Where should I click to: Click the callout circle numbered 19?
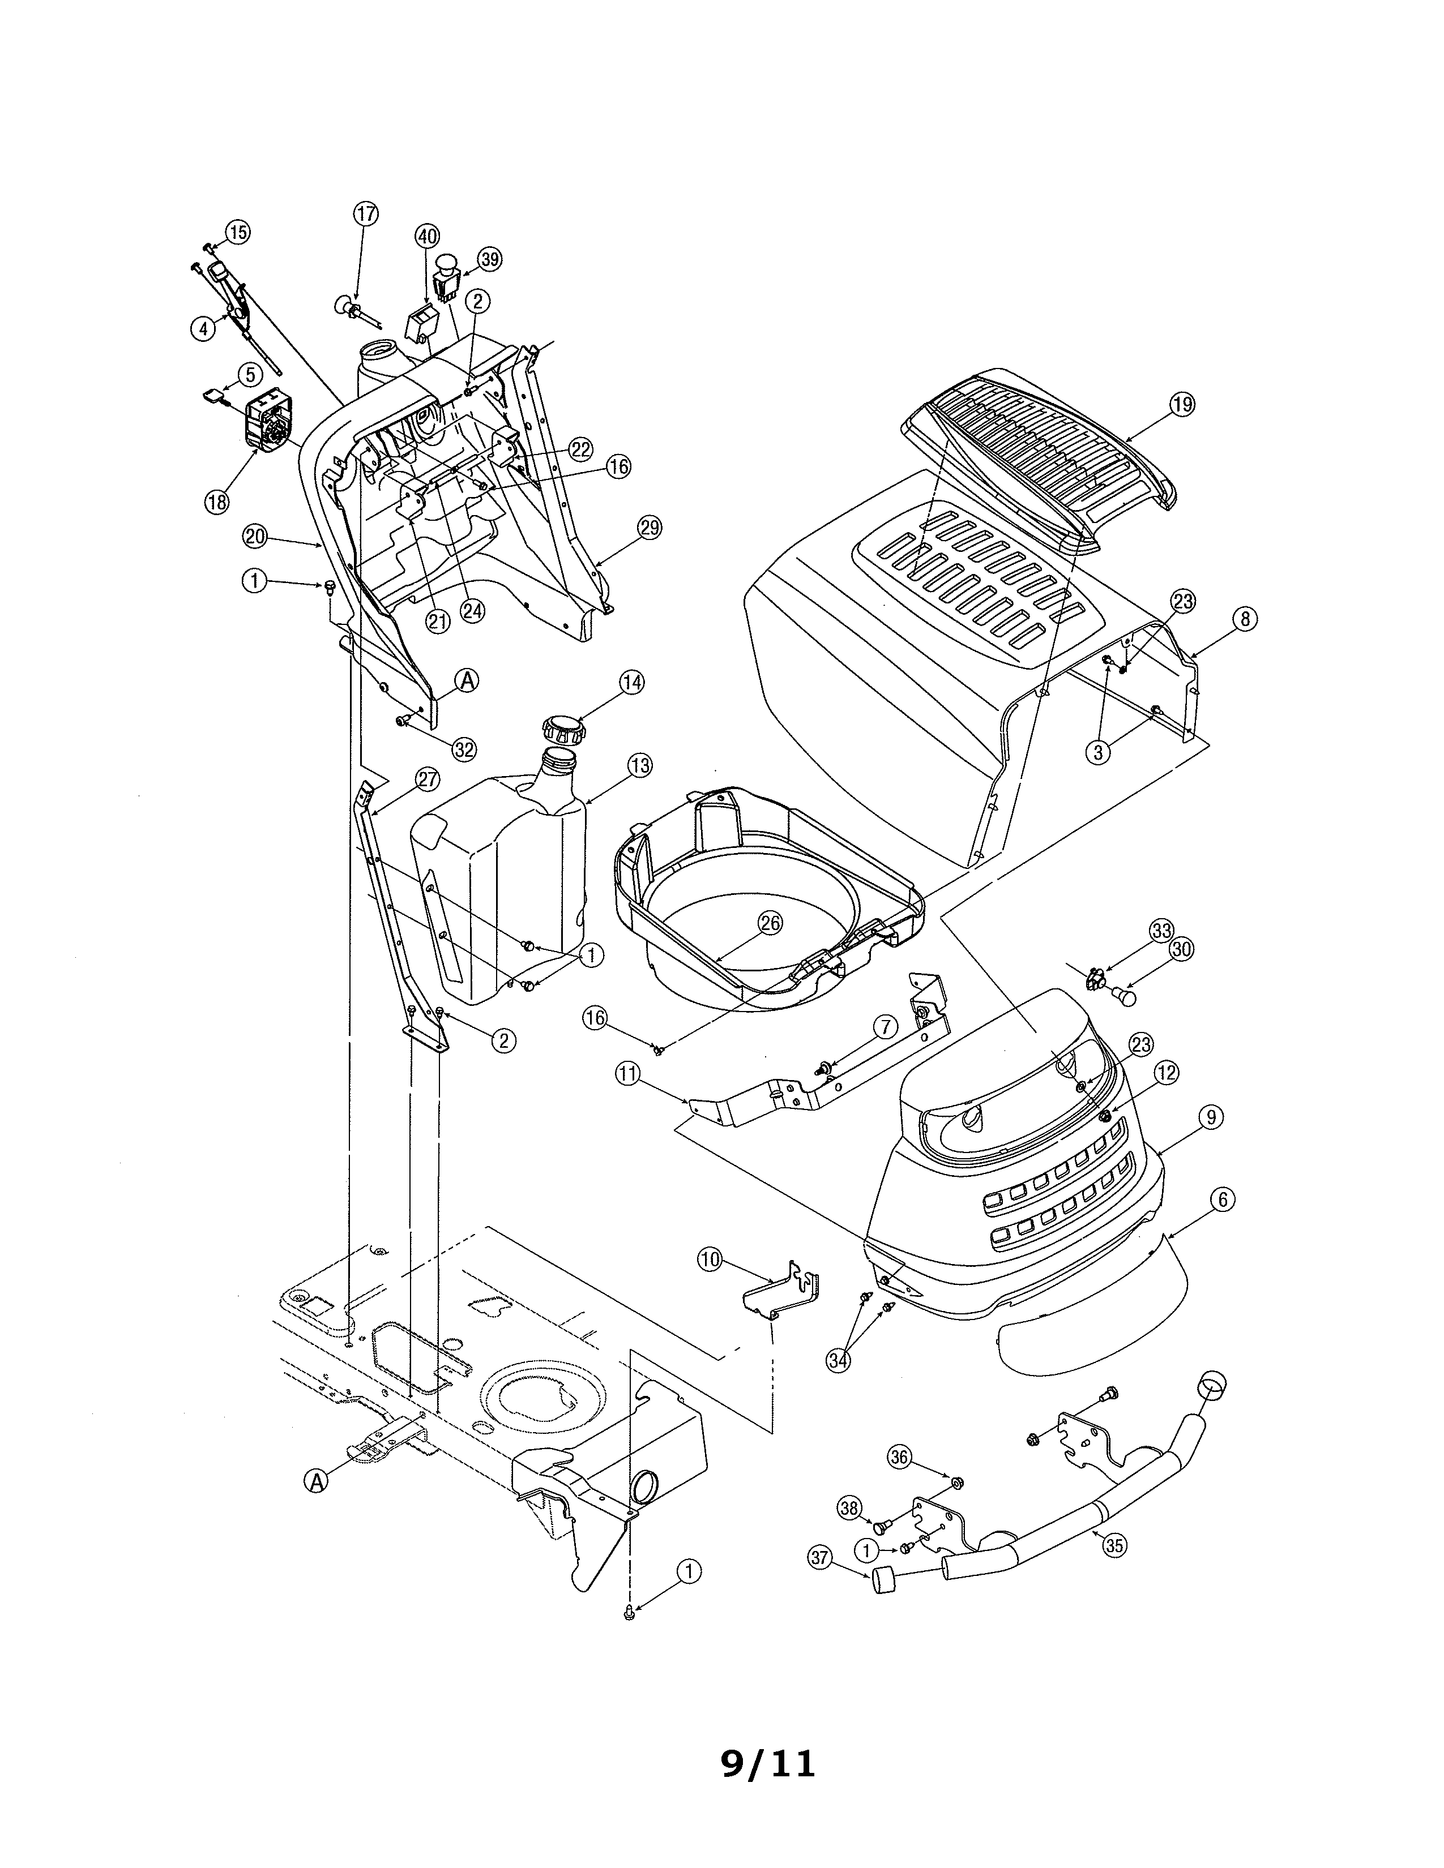[x=1182, y=405]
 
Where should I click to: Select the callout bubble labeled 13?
[x=639, y=765]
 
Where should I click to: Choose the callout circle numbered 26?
[x=770, y=922]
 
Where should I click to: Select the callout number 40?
[x=427, y=236]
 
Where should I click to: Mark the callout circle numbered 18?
[x=217, y=502]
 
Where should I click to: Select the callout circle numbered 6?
[x=1223, y=1200]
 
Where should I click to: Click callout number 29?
[x=650, y=528]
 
